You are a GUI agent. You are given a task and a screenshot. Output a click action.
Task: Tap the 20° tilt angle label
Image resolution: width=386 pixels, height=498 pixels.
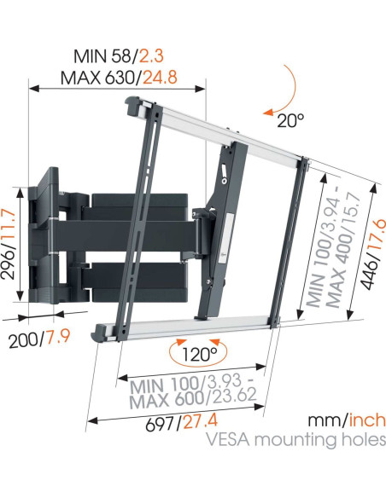pyautogui.click(x=289, y=120)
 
